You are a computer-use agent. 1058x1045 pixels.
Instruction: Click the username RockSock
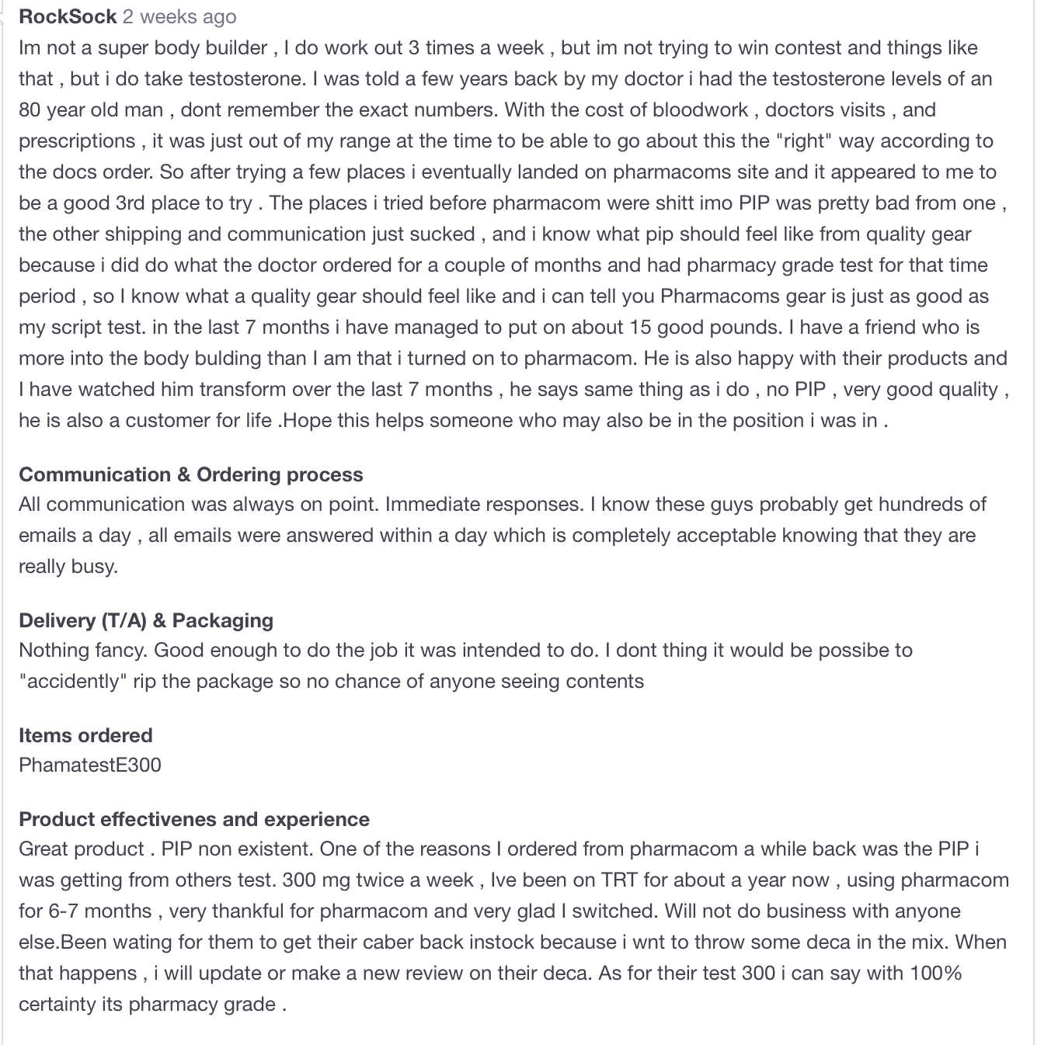pyautogui.click(x=68, y=16)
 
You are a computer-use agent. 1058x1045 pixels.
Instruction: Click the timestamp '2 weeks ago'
pyautogui.click(x=179, y=16)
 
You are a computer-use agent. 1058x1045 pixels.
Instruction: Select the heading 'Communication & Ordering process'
pyautogui.click(x=190, y=474)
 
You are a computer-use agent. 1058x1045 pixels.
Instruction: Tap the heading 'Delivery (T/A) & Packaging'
pyautogui.click(x=146, y=620)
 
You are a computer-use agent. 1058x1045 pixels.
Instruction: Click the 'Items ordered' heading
pyautogui.click(x=85, y=735)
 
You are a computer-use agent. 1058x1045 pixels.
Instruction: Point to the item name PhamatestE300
pyautogui.click(x=90, y=765)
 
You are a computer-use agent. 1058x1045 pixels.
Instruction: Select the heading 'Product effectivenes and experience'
pyautogui.click(x=194, y=819)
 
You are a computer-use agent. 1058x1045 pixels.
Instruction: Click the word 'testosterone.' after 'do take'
pyautogui.click(x=247, y=78)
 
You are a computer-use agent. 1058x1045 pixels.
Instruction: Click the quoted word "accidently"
pyautogui.click(x=73, y=681)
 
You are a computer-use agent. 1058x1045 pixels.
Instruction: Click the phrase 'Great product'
pyautogui.click(x=82, y=849)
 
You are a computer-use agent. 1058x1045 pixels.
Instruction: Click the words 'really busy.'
pyautogui.click(x=68, y=566)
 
